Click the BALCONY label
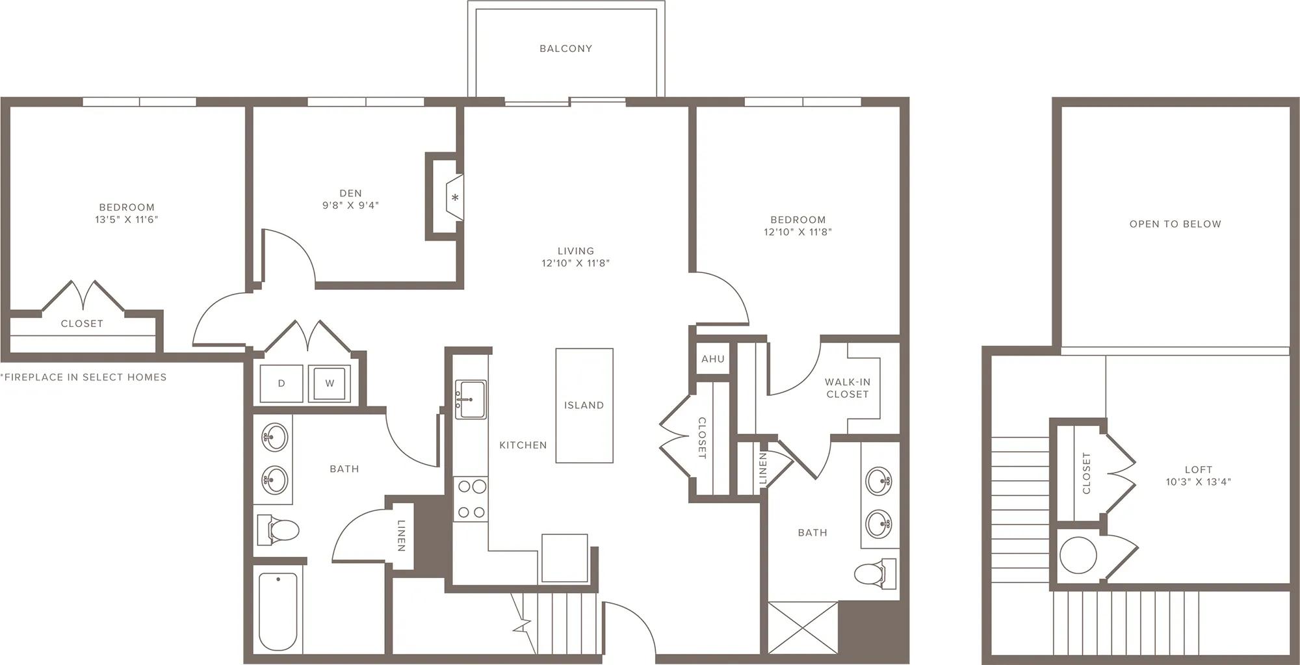click(x=565, y=48)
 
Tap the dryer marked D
click(x=281, y=384)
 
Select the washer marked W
click(x=330, y=384)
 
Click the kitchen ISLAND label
click(x=584, y=405)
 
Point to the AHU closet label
click(x=713, y=359)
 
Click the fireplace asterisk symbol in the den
click(x=456, y=198)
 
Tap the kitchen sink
click(x=470, y=399)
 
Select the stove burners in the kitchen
click(x=471, y=499)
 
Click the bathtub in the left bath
click(x=278, y=611)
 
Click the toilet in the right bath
click(x=875, y=573)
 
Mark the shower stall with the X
click(x=803, y=627)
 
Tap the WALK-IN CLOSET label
click(x=848, y=388)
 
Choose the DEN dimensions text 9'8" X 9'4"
click(x=350, y=205)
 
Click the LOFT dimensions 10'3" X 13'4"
click(x=1198, y=482)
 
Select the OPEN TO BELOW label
click(x=1175, y=224)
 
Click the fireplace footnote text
click(x=84, y=377)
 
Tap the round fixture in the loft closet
click(x=1078, y=555)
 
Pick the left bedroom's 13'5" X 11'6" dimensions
click(x=127, y=220)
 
